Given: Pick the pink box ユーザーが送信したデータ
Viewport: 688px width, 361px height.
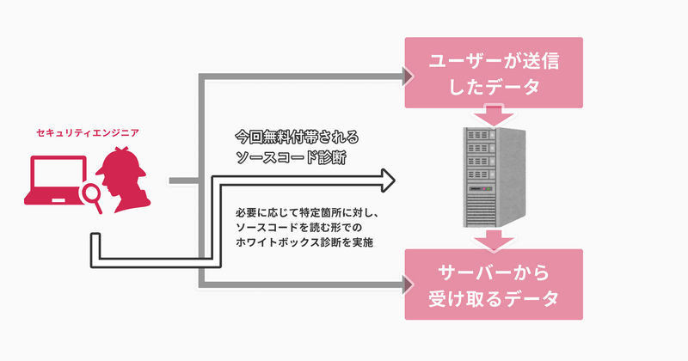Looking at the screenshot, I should (493, 74).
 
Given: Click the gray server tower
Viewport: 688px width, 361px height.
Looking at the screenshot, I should (493, 176).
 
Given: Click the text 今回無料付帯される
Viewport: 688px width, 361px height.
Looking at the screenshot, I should (296, 137).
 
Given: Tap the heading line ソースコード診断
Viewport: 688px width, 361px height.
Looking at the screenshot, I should (290, 158).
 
